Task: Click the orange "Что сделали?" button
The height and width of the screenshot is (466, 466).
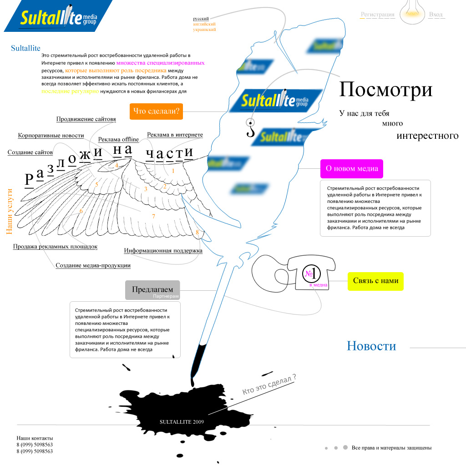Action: point(156,111)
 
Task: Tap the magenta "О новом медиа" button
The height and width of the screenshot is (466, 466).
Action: point(352,168)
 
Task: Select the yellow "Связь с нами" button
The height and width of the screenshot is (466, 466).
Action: point(375,281)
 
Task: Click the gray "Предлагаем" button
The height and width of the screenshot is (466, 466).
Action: point(152,290)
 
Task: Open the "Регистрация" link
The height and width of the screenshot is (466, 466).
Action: point(377,15)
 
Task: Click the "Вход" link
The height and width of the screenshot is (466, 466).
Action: point(436,15)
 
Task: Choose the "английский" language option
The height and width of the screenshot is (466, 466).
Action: point(204,24)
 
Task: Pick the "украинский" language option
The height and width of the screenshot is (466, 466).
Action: point(204,30)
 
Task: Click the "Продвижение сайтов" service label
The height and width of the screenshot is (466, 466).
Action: point(86,119)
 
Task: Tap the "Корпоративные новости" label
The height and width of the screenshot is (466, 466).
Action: point(51,136)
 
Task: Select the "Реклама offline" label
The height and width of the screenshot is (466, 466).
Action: point(118,139)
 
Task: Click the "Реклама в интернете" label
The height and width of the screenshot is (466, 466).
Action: point(175,135)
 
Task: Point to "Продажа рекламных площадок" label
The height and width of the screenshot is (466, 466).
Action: point(55,247)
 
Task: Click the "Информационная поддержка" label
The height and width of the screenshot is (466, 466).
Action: point(163,250)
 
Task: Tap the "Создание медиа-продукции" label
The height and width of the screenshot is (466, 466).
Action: point(93,265)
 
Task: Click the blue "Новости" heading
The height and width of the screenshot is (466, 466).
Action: point(371,346)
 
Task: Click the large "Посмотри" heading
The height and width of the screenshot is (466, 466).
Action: point(385,90)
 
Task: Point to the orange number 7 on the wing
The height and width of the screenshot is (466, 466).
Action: point(154,217)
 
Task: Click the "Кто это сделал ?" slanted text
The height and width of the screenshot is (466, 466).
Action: point(269,385)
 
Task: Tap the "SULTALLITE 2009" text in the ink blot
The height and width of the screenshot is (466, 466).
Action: point(182,422)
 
